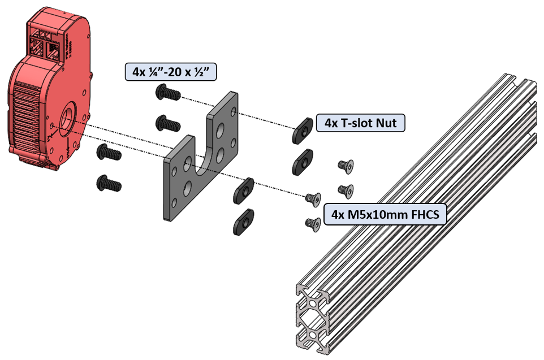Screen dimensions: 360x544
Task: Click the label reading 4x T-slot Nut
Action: click(360, 122)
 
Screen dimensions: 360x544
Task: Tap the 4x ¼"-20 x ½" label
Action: click(171, 72)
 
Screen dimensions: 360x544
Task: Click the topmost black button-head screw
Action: click(168, 92)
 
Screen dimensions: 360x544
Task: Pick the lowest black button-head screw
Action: click(108, 183)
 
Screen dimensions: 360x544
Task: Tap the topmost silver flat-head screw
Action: click(343, 164)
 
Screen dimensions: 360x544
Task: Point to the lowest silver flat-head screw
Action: click(313, 223)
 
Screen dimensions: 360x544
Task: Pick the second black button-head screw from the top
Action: click(167, 123)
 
